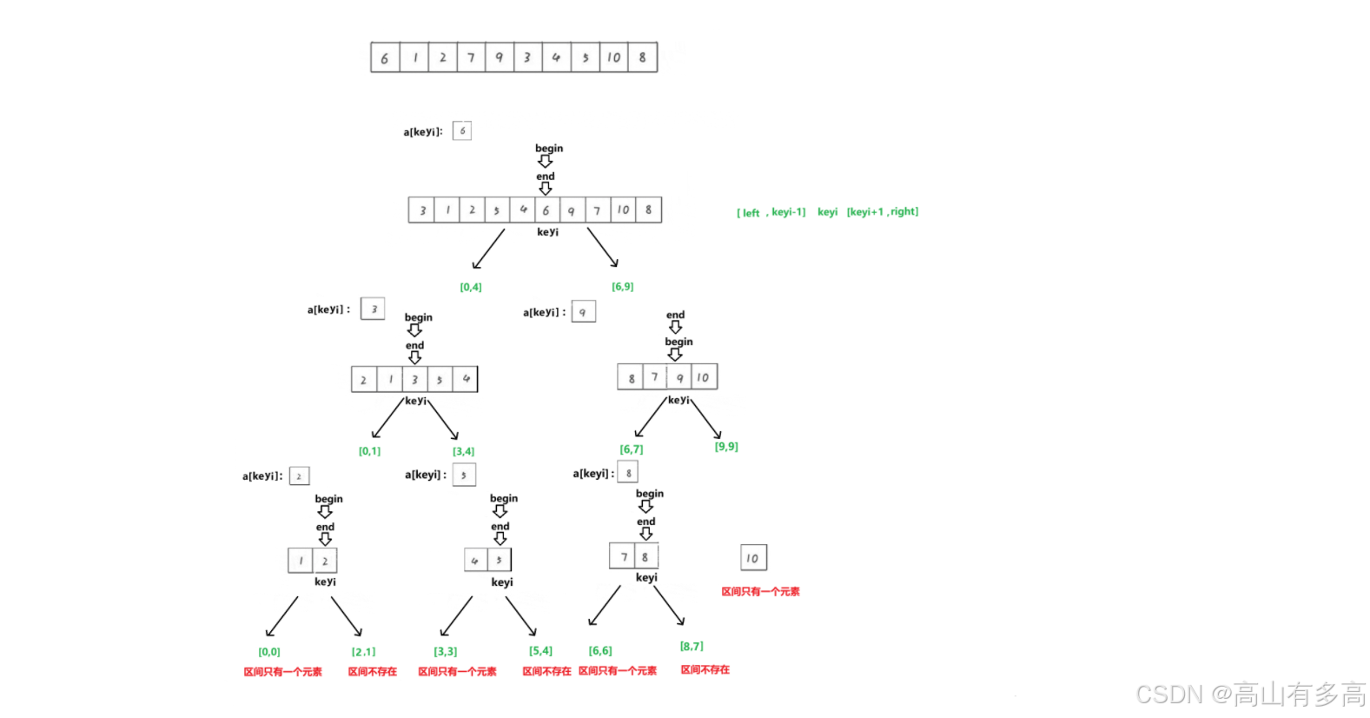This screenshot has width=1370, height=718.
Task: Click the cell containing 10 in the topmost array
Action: click(614, 57)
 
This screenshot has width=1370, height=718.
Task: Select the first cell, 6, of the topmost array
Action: click(385, 57)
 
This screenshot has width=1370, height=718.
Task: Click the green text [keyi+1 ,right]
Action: click(882, 211)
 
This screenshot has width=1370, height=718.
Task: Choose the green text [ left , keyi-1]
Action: click(771, 212)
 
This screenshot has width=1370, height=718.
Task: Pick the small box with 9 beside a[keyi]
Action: click(583, 311)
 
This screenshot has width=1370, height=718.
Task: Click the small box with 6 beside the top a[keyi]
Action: click(462, 130)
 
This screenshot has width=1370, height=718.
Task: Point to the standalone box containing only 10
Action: click(753, 557)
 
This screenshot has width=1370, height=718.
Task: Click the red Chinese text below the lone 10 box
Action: click(760, 591)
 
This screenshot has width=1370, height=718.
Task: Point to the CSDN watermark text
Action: click(1250, 695)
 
